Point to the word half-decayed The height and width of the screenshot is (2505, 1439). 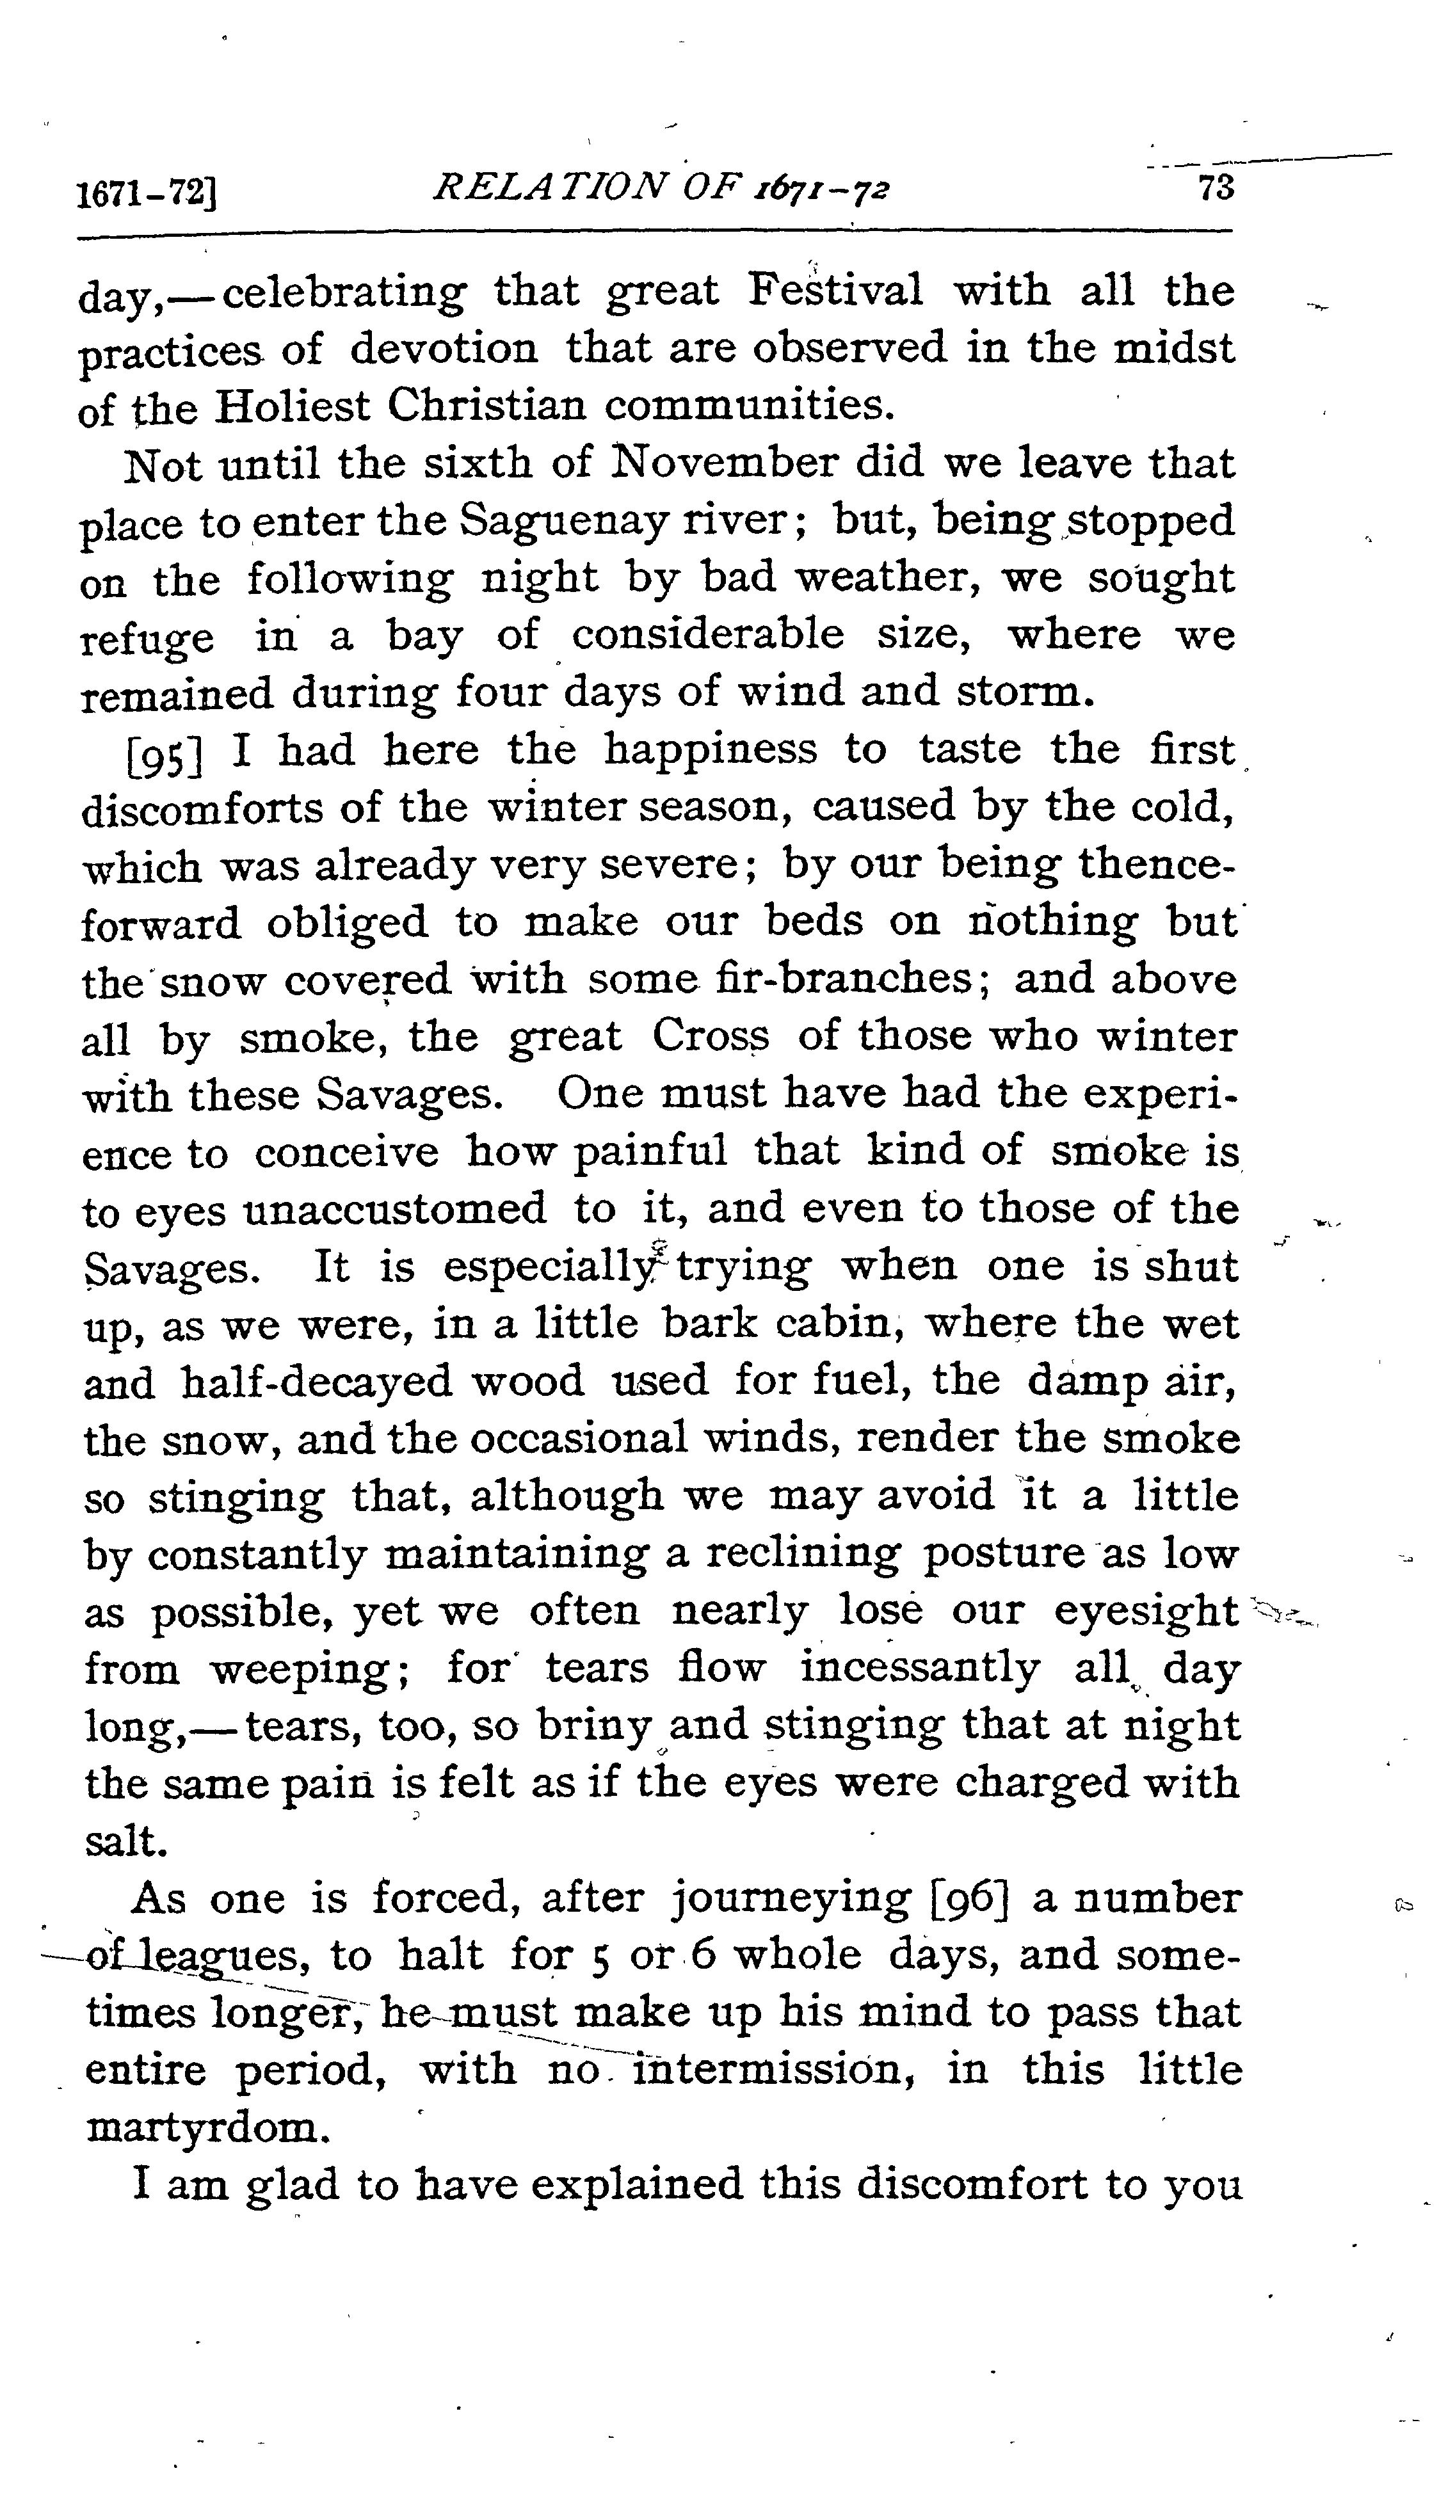click(x=316, y=1381)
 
